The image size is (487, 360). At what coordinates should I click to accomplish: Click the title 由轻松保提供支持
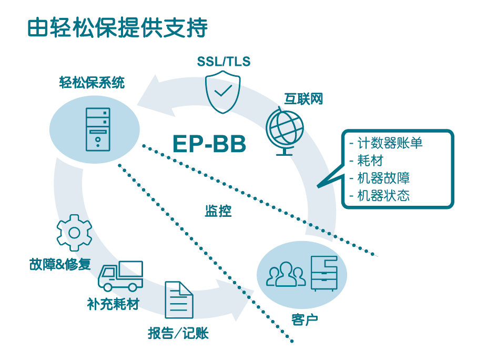pos(117,27)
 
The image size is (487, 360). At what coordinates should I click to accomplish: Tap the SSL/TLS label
pos(224,62)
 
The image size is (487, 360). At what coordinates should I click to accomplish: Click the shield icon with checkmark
pos(222,92)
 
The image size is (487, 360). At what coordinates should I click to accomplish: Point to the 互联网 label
pos(303,99)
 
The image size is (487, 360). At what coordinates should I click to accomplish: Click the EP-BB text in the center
pos(209,144)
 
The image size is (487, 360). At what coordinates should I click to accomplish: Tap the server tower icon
pos(98,129)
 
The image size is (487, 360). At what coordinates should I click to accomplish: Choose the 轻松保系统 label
pos(92,83)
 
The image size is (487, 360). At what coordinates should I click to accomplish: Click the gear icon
pos(74,233)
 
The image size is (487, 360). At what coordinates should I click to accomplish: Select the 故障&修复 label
pos(60,264)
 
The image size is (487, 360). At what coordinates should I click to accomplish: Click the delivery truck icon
pos(120,276)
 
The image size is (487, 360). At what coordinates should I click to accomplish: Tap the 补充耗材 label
pos(113,304)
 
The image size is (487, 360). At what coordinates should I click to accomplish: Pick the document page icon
pos(179,299)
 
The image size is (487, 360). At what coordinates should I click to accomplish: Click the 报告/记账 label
pos(178,333)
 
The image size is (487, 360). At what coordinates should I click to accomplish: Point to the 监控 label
pos(218,211)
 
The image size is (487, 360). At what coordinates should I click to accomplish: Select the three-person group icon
pos(286,274)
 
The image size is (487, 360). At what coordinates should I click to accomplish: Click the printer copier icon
pos(324,274)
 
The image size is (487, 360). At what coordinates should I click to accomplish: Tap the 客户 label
pos(305,319)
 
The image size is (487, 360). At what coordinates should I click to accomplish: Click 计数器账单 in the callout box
pos(390,143)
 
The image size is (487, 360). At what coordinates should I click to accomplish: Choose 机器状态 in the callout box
pos(383,196)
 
